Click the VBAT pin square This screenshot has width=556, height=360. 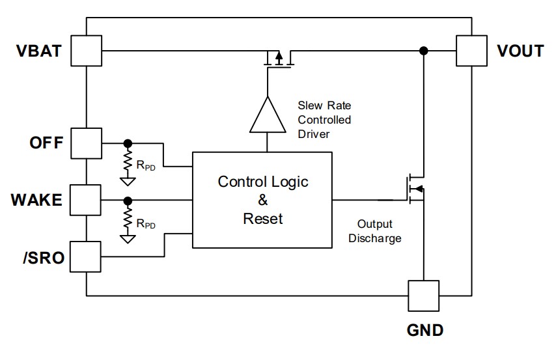(x=86, y=51)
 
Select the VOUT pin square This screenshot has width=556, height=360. (x=471, y=51)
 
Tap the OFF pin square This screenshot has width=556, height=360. (x=86, y=143)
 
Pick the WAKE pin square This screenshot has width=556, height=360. (x=85, y=200)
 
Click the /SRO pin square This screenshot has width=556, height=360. (x=85, y=256)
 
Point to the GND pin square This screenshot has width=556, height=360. (x=423, y=296)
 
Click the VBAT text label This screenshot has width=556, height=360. (x=39, y=51)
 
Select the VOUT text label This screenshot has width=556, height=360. (x=520, y=51)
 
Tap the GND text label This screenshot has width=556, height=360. (x=424, y=330)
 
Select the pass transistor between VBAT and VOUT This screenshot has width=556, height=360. (x=279, y=59)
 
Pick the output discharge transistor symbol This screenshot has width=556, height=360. (x=415, y=189)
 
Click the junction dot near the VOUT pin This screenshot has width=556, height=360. (x=423, y=51)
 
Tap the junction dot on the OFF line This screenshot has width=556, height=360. (x=128, y=143)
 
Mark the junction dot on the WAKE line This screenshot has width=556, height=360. (x=128, y=201)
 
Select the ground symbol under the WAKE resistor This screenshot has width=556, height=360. (x=128, y=239)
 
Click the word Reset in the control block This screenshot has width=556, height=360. (x=263, y=219)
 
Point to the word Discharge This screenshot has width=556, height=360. (x=375, y=238)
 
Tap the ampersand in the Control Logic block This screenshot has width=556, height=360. (x=263, y=200)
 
